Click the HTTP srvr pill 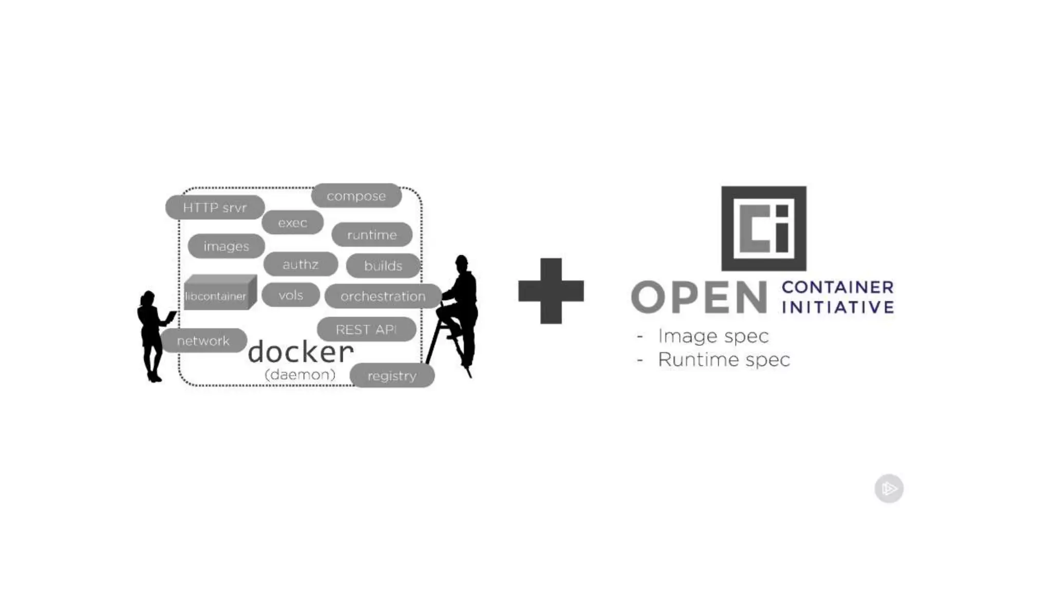(215, 208)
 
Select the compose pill (356, 196)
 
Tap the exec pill (292, 223)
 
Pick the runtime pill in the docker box (372, 235)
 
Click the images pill (226, 247)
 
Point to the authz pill (300, 265)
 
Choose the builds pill (383, 266)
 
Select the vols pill (291, 295)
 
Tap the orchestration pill (383, 296)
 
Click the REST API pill (366, 329)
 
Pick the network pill (203, 341)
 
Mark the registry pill (392, 376)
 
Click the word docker (301, 352)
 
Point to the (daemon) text (300, 375)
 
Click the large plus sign (551, 291)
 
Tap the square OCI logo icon (763, 229)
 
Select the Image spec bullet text (713, 336)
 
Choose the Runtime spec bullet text (723, 360)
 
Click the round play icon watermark (889, 488)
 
